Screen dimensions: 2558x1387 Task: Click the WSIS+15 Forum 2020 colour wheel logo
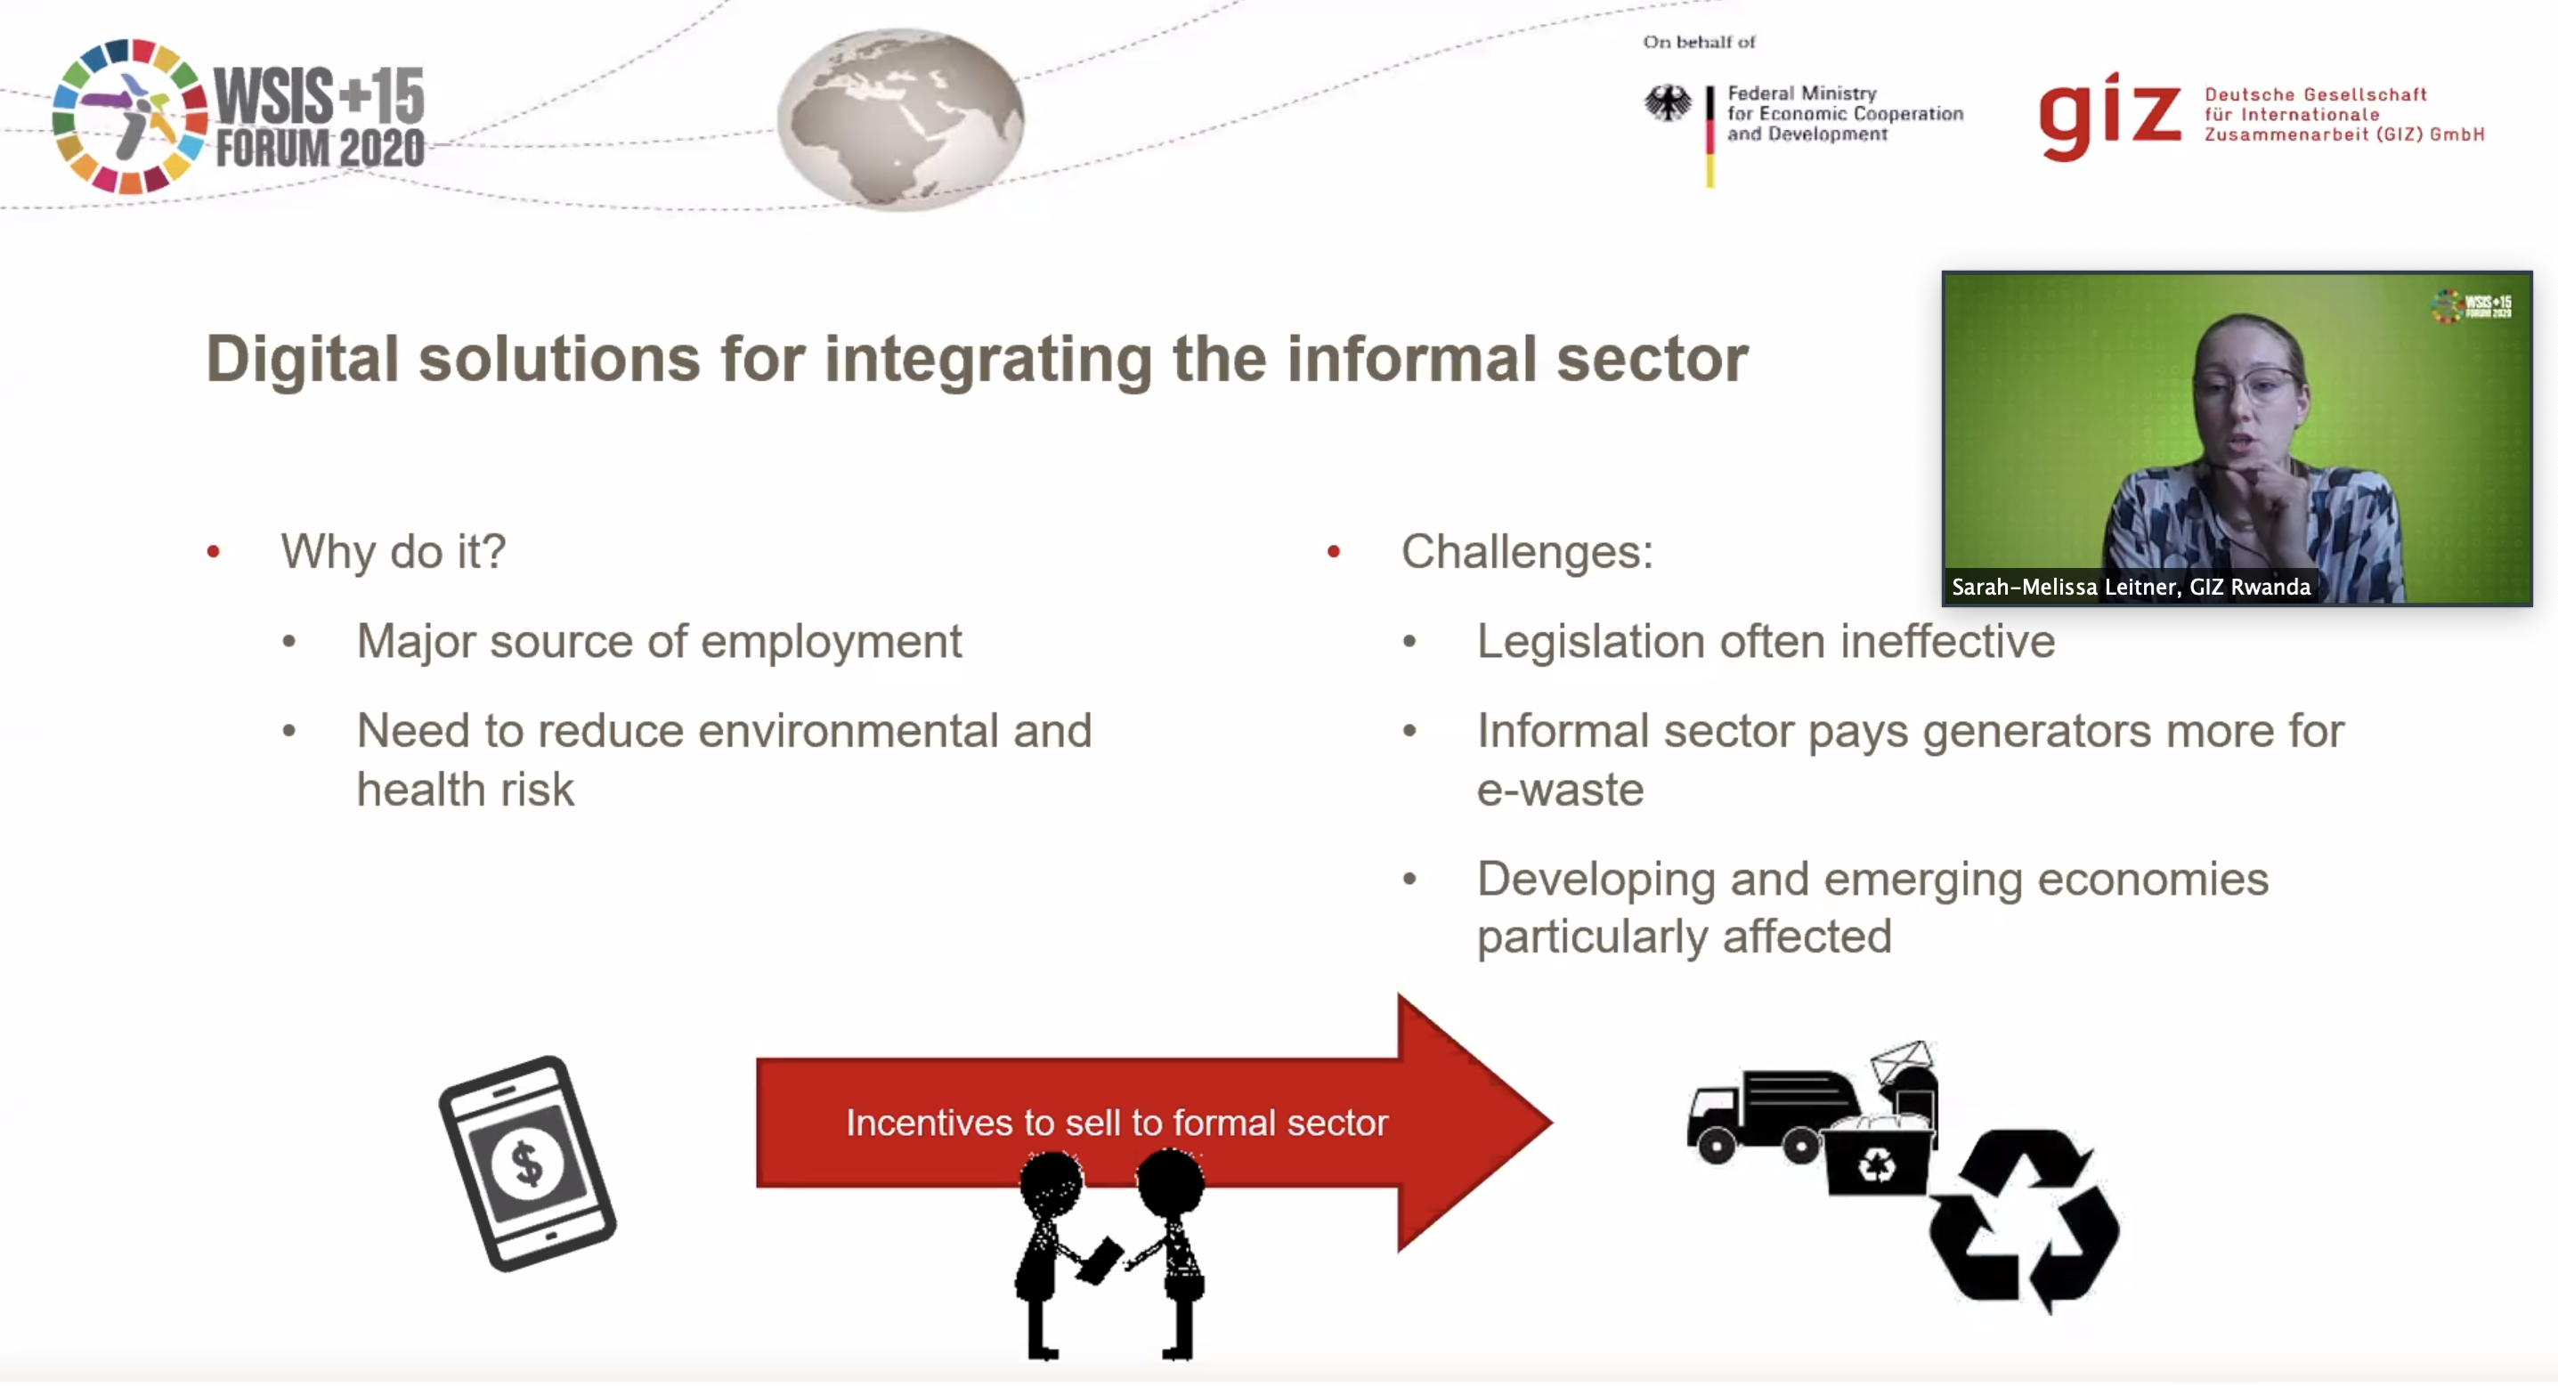click(x=129, y=116)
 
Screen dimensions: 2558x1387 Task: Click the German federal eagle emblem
click(x=1669, y=103)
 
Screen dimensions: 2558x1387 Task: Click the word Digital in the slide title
click(x=302, y=360)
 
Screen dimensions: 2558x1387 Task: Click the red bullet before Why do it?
click(x=213, y=551)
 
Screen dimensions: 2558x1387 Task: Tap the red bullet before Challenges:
click(x=1334, y=551)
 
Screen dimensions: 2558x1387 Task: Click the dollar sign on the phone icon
click(x=526, y=1163)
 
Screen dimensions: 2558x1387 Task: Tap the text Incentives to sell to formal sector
click(x=1117, y=1123)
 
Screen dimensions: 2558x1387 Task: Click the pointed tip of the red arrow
click(x=1550, y=1123)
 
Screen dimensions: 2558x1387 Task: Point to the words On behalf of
click(x=1699, y=42)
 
